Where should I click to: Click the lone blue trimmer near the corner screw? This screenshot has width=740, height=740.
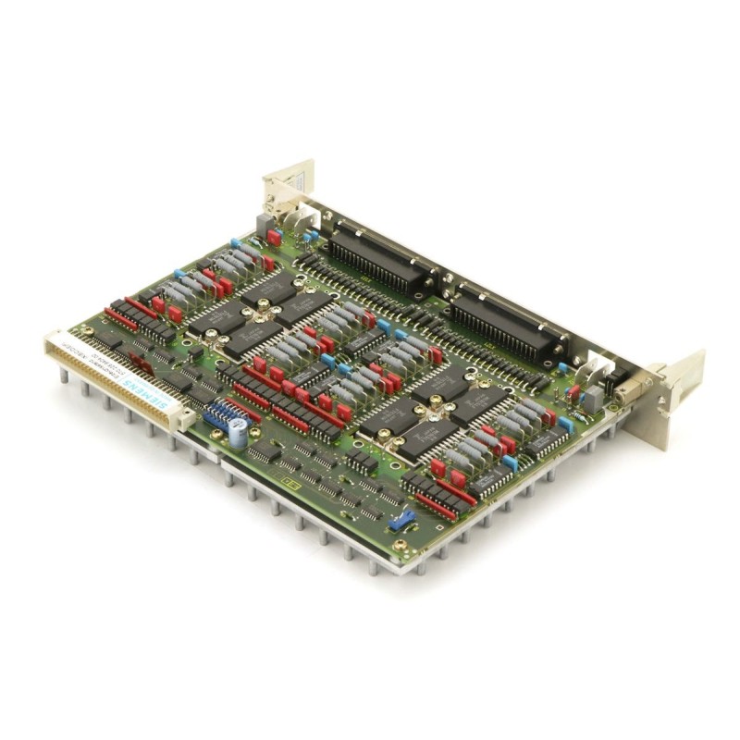[401, 521]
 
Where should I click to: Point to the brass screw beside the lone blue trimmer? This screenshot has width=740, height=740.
[400, 546]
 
